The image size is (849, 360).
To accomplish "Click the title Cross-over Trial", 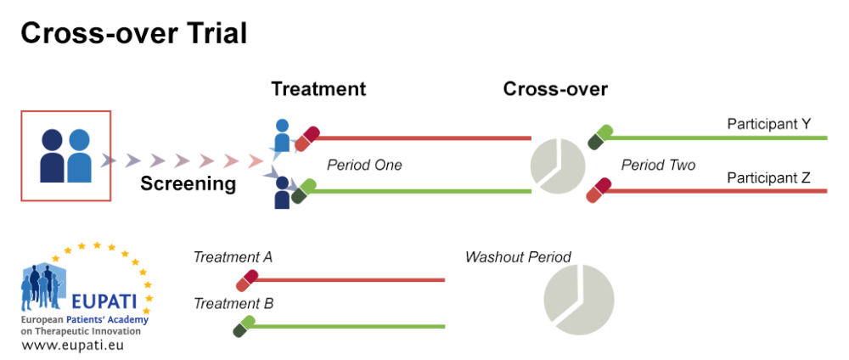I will pos(133,33).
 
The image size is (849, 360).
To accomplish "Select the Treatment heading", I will pos(318,89).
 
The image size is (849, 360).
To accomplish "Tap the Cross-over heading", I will pos(555,89).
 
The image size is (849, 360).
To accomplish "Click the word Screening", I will pos(188,183).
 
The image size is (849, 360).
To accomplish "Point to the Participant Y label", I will pos(768,124).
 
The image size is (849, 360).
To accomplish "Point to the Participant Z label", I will pos(768,178).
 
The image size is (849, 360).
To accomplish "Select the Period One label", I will pos(364,165).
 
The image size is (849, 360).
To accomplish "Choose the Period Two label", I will pos(658,165).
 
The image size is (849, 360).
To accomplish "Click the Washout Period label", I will pos(518,256).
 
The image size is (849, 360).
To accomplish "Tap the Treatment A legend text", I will pos(233,256).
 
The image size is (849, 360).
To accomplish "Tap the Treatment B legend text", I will pos(233,303).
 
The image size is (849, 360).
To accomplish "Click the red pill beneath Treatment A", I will pos(247,280).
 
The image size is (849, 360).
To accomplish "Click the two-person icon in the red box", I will pos(65,156).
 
